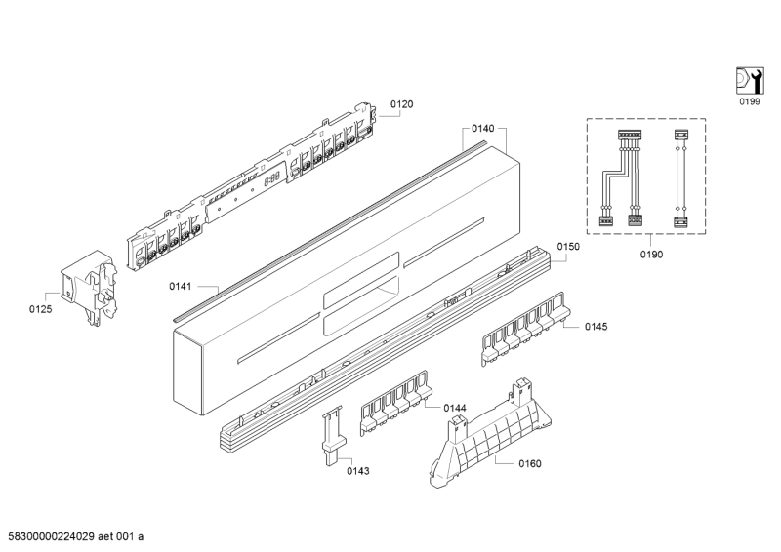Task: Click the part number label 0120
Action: tap(402, 104)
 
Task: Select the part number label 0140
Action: tap(482, 128)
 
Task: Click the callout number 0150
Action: tap(568, 248)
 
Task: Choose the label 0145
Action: tap(596, 327)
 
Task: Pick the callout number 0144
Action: tap(454, 408)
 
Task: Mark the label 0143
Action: tap(358, 471)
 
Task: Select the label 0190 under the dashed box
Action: tap(650, 255)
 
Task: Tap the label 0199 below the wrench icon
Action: tap(748, 100)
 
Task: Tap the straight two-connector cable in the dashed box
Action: tap(681, 178)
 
